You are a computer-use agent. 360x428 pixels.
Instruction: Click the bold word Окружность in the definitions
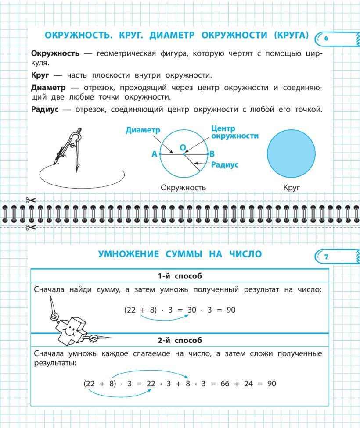[55, 53]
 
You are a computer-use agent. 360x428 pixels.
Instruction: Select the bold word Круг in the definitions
[40, 75]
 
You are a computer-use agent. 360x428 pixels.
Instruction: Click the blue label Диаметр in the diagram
[143, 130]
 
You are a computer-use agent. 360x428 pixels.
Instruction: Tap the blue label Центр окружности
[234, 132]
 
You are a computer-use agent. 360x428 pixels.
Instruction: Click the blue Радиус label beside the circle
[224, 165]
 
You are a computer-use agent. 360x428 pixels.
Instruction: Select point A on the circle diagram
[155, 154]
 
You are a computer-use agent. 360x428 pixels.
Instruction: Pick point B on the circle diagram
[212, 154]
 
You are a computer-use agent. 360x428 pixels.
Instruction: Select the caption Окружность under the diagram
[183, 188]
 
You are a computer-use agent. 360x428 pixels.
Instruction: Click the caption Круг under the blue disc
[292, 188]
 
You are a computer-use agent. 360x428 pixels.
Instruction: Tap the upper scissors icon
[30, 200]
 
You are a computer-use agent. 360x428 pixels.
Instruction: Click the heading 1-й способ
[180, 276]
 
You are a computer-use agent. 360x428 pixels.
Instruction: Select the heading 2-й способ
[180, 340]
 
